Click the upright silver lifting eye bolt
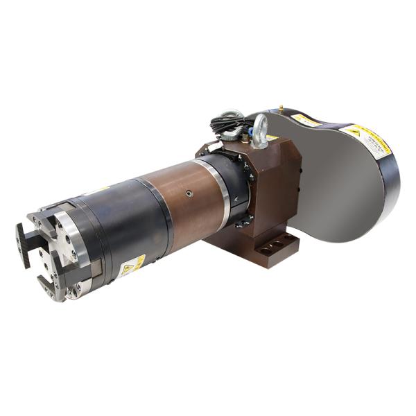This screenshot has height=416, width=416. [x=260, y=129]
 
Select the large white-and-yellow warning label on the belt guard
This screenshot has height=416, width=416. [x=366, y=139]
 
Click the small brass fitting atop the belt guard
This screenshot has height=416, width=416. [x=281, y=107]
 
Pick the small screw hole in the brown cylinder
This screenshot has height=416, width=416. [x=188, y=196]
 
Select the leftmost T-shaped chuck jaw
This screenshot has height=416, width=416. [x=23, y=243]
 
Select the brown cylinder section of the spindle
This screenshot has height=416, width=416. [x=184, y=205]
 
